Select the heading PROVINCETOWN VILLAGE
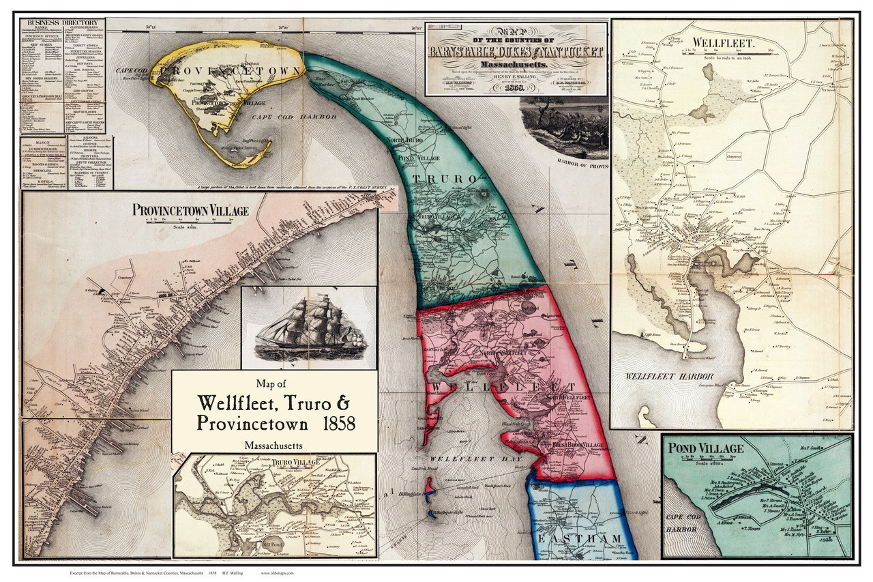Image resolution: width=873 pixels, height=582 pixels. point(190,210)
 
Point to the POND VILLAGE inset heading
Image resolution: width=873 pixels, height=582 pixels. point(705,448)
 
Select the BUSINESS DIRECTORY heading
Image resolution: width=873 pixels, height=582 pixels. point(62,23)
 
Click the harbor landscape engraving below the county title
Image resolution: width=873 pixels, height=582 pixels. point(563,126)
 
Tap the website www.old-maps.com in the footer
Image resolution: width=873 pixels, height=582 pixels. point(277,573)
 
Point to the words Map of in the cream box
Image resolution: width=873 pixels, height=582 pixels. point(274,383)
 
